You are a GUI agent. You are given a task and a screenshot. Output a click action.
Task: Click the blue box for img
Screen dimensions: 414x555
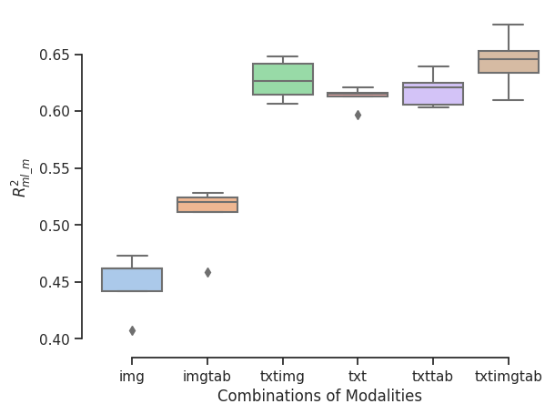(x=132, y=279)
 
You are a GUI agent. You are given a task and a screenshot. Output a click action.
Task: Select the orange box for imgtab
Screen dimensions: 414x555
(x=207, y=205)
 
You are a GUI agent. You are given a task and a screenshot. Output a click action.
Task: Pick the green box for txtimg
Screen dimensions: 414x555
(x=283, y=79)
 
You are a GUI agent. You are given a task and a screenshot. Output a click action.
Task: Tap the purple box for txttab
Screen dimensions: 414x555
(x=433, y=94)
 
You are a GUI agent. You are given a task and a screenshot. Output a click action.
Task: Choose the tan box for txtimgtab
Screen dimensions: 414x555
(x=509, y=62)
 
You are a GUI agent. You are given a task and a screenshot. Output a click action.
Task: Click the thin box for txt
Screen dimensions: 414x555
(x=358, y=94)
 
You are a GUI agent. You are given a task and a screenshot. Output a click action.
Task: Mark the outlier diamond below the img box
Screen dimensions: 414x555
(x=132, y=330)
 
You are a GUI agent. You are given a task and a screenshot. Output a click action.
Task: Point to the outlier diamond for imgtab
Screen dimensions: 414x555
(x=207, y=272)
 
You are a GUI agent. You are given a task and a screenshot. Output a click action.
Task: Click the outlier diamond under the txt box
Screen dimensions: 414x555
(x=358, y=115)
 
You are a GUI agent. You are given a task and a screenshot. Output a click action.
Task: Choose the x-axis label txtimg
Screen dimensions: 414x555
(x=283, y=376)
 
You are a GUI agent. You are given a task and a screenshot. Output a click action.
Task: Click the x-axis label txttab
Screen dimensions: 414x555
(x=433, y=376)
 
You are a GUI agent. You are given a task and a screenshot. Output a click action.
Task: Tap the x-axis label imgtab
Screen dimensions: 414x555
(x=207, y=376)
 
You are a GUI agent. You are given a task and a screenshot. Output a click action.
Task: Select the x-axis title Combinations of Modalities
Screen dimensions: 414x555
(x=319, y=397)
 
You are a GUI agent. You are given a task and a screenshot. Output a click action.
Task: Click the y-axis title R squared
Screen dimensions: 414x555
(x=21, y=176)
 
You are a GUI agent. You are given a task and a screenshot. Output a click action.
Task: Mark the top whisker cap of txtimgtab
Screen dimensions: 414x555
(x=509, y=25)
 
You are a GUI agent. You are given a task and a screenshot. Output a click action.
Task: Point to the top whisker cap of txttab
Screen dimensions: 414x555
(x=433, y=66)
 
